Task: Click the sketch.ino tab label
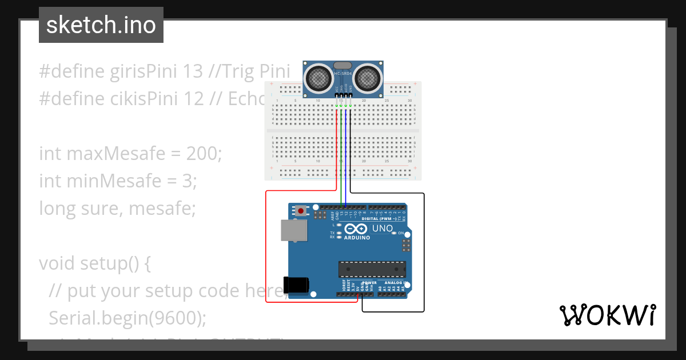point(101,25)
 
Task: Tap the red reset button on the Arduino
point(301,211)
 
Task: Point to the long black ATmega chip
point(372,269)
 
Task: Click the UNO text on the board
point(382,229)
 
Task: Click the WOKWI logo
point(607,315)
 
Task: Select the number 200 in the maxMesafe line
point(203,154)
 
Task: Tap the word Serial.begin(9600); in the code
point(127,318)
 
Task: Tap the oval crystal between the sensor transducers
point(342,66)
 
